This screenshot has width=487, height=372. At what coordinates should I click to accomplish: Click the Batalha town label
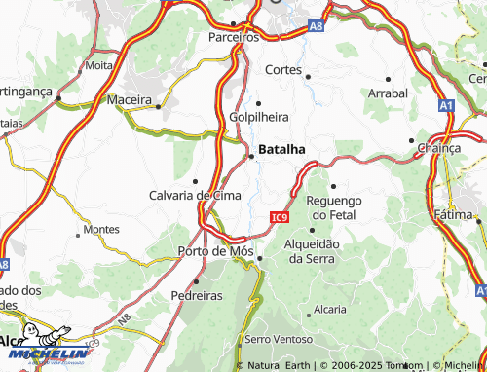282,149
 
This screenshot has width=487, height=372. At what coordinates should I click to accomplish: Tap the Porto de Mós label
216,251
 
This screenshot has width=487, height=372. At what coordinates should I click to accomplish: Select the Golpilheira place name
259,117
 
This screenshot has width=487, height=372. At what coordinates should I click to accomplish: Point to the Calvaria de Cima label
195,195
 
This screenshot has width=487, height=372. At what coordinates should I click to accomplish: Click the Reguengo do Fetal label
334,206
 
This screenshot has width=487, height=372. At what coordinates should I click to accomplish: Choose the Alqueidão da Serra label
311,251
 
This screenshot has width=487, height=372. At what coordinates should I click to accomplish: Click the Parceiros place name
234,37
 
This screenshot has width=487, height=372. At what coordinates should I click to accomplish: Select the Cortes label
285,70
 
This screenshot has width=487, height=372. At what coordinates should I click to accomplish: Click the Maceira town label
131,100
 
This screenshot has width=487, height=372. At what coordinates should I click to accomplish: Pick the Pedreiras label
198,295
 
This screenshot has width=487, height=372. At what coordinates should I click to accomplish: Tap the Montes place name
101,230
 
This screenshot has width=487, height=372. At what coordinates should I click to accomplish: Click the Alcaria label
330,310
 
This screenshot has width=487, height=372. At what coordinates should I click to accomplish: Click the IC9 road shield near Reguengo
280,217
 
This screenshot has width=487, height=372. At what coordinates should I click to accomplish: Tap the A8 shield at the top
315,28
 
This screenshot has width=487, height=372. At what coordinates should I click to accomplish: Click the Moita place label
99,65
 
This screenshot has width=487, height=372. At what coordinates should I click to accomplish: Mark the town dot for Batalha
252,154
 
